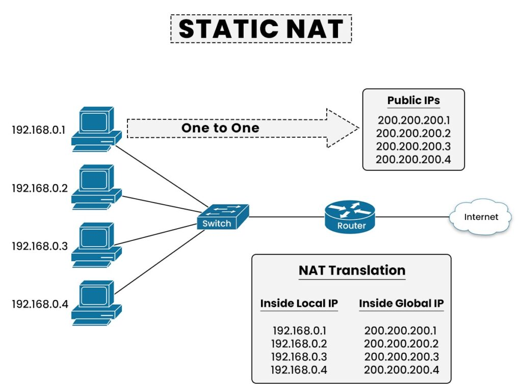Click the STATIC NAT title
coord(260,29)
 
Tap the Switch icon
coord(222,217)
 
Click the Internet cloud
coord(481,217)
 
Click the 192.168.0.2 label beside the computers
coord(40,188)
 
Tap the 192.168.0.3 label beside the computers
coord(40,246)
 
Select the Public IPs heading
coord(413,100)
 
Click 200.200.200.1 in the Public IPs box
coord(413,120)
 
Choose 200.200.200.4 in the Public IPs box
coord(413,159)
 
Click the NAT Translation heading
coord(352,271)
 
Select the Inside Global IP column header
coord(401,303)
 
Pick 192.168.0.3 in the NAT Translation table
coord(299,357)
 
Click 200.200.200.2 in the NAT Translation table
coord(401,344)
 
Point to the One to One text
coord(220,128)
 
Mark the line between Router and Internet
coord(412,217)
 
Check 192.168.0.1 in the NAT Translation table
coord(299,330)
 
